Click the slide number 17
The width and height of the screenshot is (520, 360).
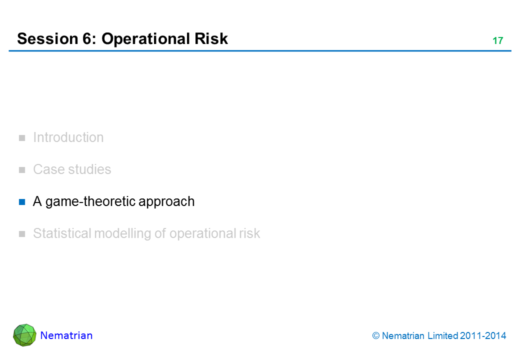click(x=497, y=41)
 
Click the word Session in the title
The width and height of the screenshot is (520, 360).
click(x=48, y=39)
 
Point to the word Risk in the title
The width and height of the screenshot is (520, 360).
click(x=211, y=38)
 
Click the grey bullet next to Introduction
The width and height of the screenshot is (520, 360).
click(x=22, y=138)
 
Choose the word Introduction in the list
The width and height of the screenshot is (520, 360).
click(x=68, y=137)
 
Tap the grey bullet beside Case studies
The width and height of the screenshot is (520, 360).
click(x=22, y=170)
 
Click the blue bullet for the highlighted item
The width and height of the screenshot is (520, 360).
click(x=22, y=202)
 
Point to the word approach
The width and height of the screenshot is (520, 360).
click(x=166, y=202)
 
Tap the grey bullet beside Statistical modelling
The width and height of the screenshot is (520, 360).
click(x=22, y=234)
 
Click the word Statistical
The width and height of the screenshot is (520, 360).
click(x=61, y=233)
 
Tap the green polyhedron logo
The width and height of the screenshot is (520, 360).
click(x=24, y=335)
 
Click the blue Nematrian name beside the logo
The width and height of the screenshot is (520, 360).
click(x=66, y=335)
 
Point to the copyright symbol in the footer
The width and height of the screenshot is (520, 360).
click(x=375, y=336)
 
